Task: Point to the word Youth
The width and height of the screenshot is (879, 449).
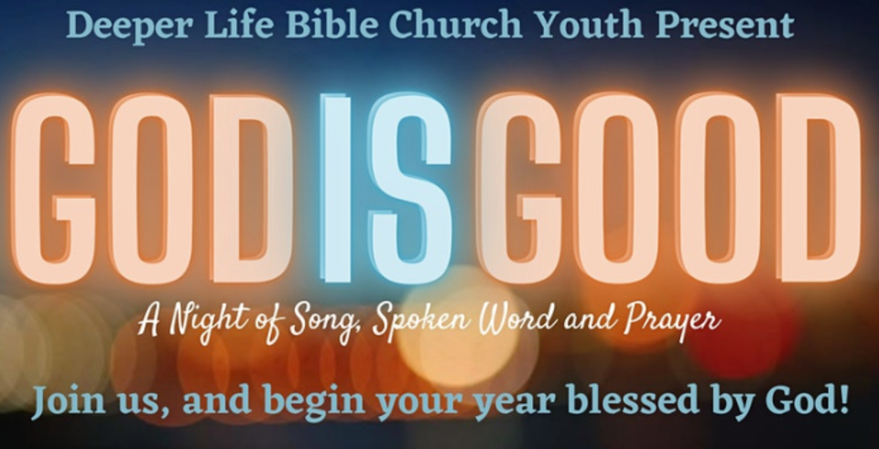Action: click(x=589, y=25)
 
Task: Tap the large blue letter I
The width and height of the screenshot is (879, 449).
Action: click(x=338, y=188)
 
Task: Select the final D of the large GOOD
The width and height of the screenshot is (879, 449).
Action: click(x=819, y=188)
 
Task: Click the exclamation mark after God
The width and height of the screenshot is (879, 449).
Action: click(x=843, y=400)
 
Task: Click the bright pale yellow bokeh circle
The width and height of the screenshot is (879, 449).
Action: click(x=457, y=325)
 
